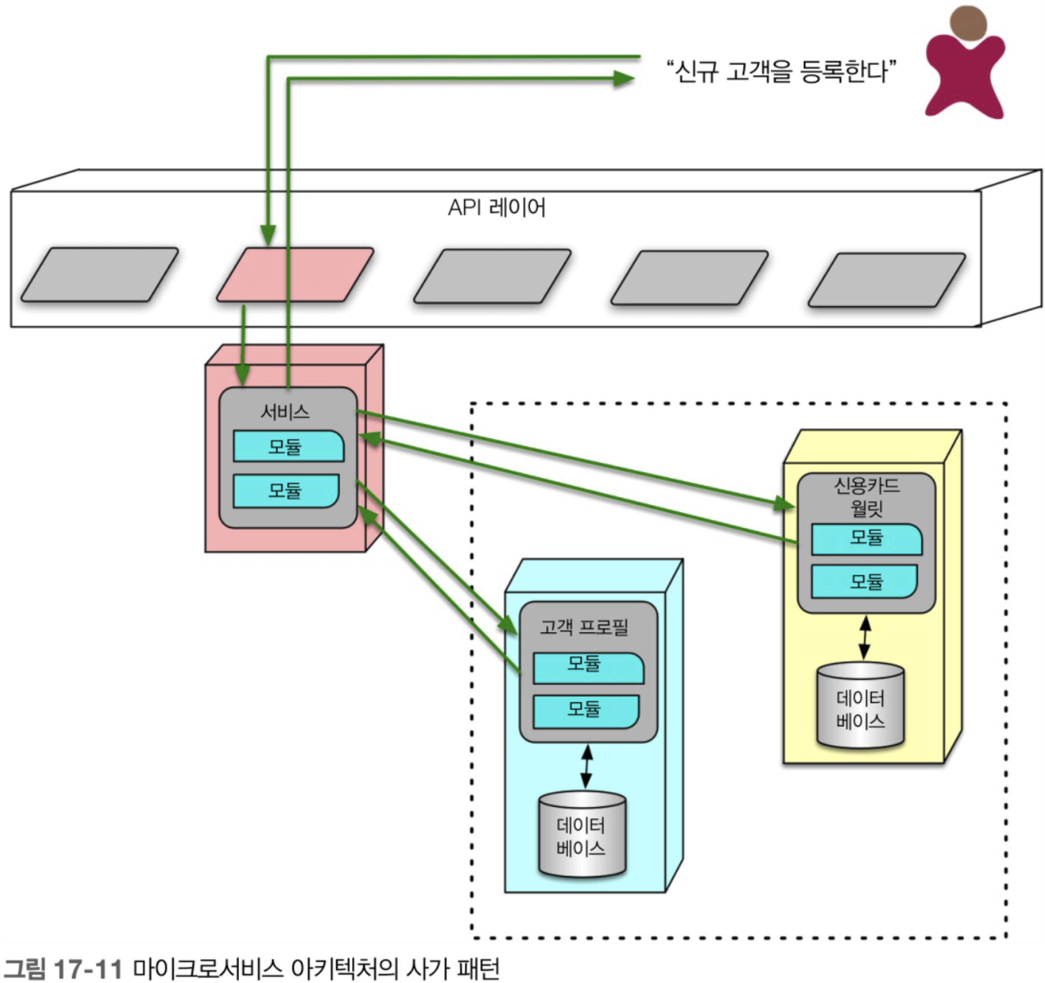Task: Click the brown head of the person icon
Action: tap(968, 24)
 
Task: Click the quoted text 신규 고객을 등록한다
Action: tap(781, 71)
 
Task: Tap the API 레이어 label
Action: tap(496, 207)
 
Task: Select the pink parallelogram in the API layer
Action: tap(295, 274)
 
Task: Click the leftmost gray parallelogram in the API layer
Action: tap(99, 274)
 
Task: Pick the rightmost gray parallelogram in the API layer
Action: tap(886, 279)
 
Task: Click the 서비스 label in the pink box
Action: tap(285, 412)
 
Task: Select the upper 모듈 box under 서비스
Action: tap(288, 446)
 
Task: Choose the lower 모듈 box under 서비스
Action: tap(286, 490)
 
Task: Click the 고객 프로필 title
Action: tap(584, 627)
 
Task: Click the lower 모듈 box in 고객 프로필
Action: tap(586, 711)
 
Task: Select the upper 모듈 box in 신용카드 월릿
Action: tap(867, 538)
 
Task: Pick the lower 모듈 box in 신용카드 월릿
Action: tap(864, 582)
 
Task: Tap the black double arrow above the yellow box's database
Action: tap(864, 637)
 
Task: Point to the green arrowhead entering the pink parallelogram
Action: tap(268, 235)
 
